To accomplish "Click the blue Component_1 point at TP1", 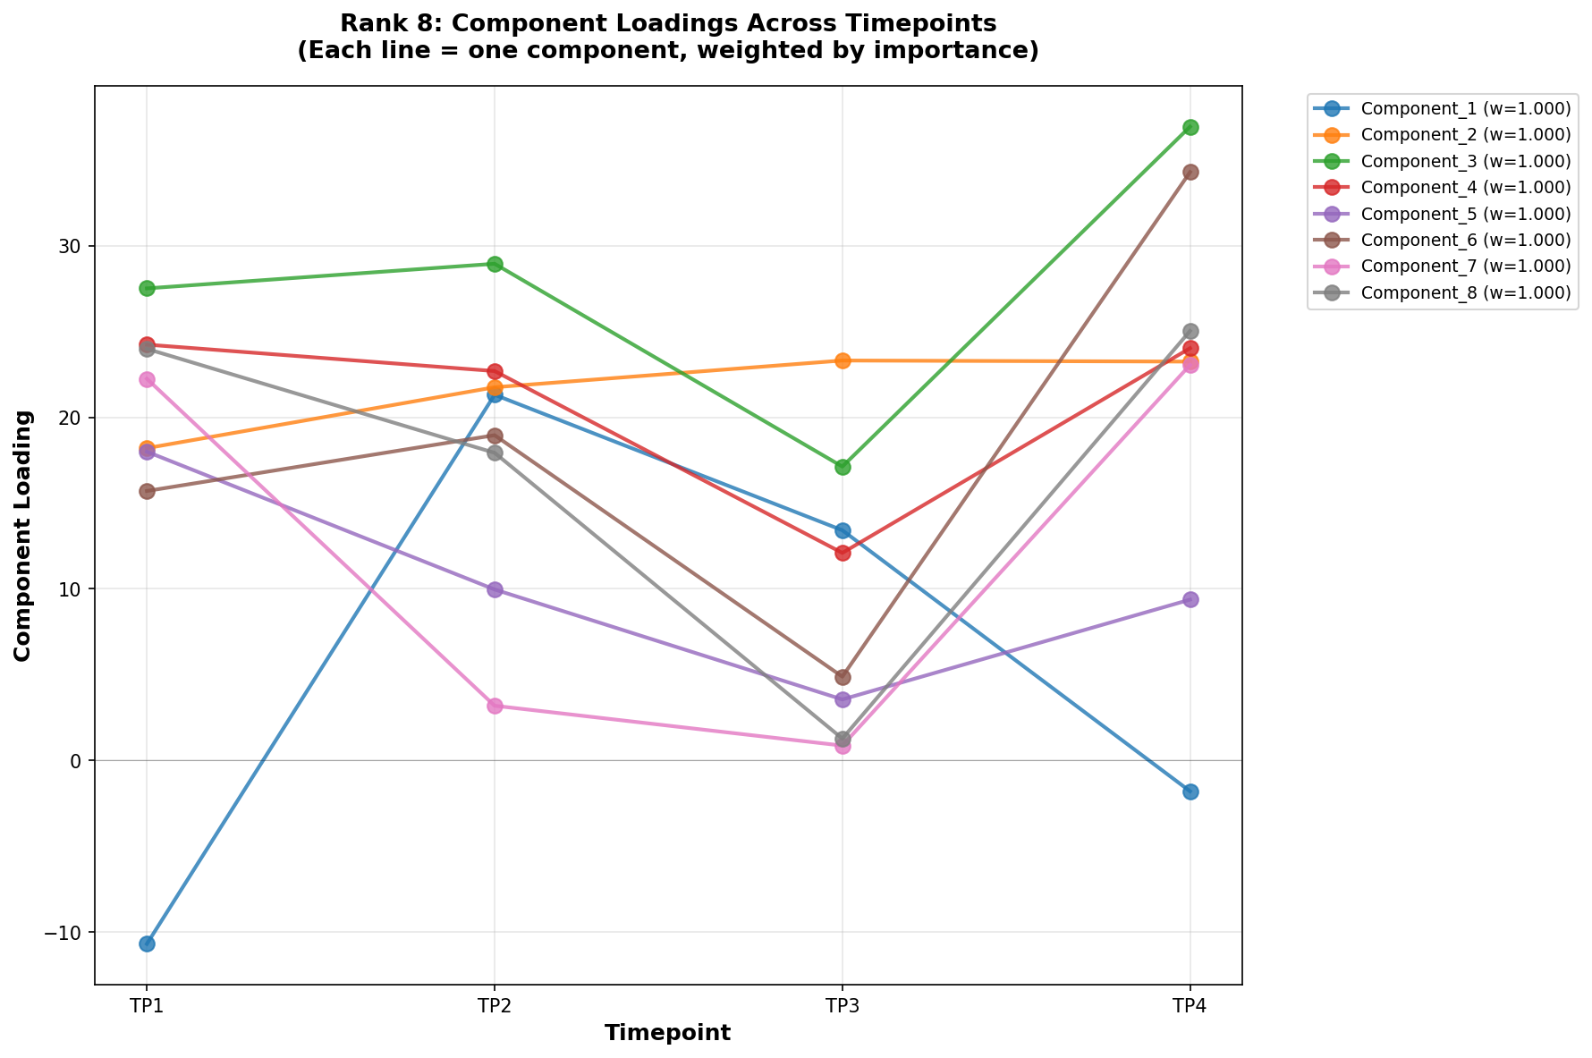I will coord(147,944).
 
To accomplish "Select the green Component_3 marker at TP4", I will coord(1190,127).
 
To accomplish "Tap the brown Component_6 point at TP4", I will coord(1190,172).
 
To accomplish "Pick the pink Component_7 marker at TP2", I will coord(495,706).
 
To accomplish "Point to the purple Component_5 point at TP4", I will coord(1190,599).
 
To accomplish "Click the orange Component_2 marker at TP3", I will coord(843,360).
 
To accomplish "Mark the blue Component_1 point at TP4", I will coord(1190,791).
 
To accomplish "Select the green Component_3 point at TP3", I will coord(843,467).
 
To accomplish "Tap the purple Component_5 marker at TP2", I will coord(495,589).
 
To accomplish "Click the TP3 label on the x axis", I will coord(843,1006).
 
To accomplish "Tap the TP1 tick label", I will coord(147,1006).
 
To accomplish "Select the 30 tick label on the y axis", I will coord(72,247).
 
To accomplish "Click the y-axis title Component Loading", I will coord(23,536).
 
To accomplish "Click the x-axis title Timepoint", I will coord(667,1034).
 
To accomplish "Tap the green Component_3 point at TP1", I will coord(147,288).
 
